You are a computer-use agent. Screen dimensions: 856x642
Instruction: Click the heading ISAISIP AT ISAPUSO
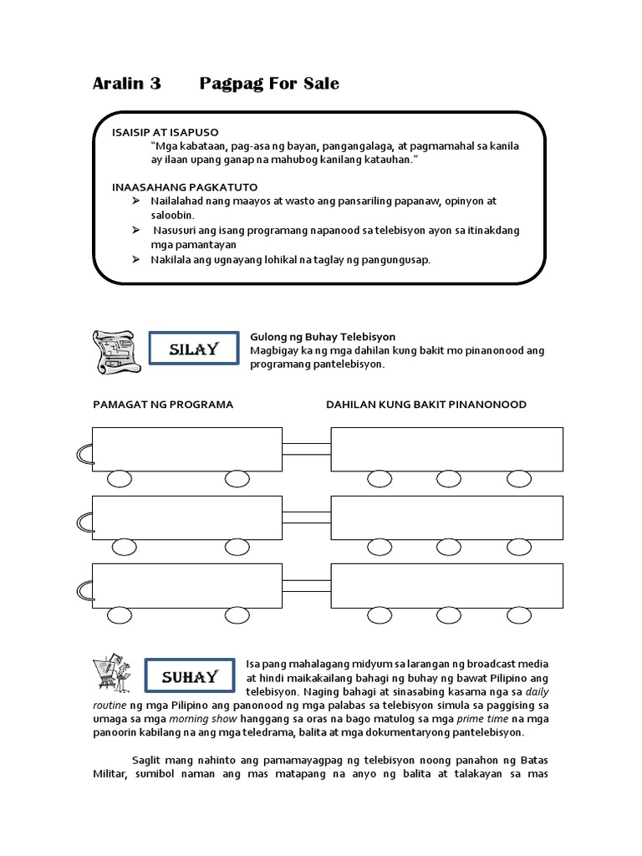pyautogui.click(x=165, y=133)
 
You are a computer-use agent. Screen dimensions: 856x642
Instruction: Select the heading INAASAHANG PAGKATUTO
pyautogui.click(x=185, y=186)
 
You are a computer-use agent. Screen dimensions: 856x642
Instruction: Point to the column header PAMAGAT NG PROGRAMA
pyautogui.click(x=162, y=405)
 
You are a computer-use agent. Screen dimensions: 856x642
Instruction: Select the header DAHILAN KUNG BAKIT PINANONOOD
pyautogui.click(x=426, y=405)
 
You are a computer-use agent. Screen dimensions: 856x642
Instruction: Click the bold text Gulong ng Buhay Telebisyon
pyautogui.click(x=323, y=337)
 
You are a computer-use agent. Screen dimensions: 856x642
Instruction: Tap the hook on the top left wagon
pyautogui.click(x=83, y=453)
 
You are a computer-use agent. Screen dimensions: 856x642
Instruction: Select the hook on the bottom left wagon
pyautogui.click(x=83, y=590)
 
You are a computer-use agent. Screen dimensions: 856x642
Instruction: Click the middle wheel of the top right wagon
pyautogui.click(x=449, y=478)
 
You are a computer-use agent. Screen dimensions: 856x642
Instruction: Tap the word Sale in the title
pyautogui.click(x=319, y=84)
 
